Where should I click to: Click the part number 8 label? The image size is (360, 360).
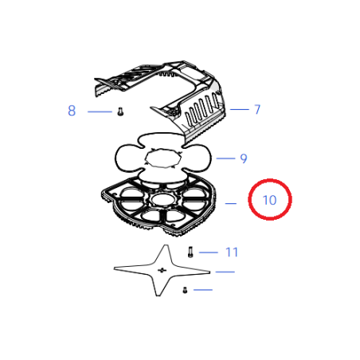point(72,111)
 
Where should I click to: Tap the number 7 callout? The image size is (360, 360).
point(257,110)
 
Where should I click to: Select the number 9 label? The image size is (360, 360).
point(244,158)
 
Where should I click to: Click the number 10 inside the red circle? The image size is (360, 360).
point(269,200)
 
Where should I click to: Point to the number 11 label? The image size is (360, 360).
point(232,252)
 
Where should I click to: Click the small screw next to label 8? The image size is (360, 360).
point(119,112)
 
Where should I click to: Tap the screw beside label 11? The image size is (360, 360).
point(191,252)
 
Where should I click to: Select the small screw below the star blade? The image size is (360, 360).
point(184,289)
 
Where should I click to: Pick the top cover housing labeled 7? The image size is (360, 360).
point(171,96)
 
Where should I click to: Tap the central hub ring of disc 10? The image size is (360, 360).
point(164,196)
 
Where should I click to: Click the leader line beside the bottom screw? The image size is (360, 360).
point(203,289)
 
